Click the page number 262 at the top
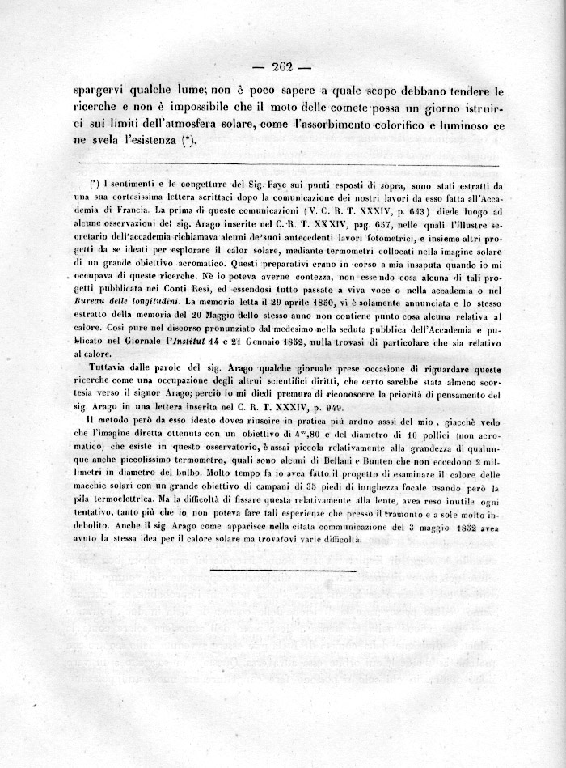pos(282,67)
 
